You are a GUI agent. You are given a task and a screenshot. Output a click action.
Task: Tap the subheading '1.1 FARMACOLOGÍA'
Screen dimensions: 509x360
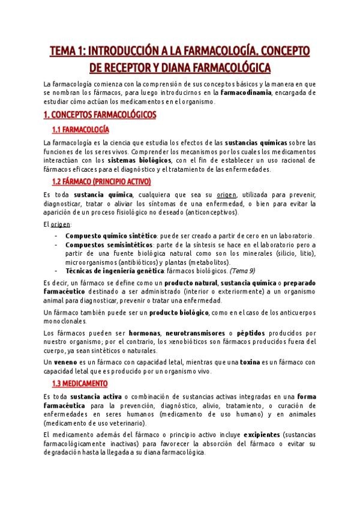(x=81, y=130)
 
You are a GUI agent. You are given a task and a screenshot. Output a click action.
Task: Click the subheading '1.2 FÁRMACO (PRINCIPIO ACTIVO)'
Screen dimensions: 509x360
(x=101, y=181)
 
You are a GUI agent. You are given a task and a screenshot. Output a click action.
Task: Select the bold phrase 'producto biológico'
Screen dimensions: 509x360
(x=179, y=312)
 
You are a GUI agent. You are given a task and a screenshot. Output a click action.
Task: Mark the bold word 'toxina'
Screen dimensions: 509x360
(x=249, y=362)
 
